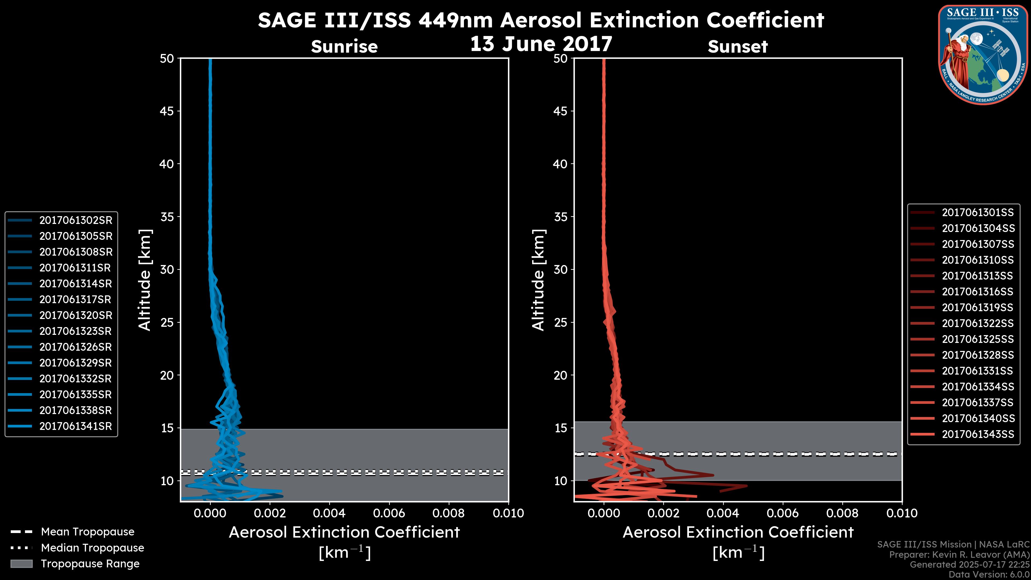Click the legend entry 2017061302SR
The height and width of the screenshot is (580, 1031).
[76, 220]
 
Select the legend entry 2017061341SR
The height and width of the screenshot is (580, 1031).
[76, 426]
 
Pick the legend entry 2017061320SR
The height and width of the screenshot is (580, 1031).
[76, 316]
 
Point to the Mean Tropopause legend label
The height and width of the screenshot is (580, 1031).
[88, 532]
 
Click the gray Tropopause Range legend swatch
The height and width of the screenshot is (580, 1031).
[21, 564]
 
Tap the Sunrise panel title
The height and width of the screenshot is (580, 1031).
[344, 46]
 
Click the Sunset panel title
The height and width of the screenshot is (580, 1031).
[738, 46]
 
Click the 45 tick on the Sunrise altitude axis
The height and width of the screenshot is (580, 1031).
[167, 111]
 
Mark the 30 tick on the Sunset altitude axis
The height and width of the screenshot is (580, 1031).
[560, 269]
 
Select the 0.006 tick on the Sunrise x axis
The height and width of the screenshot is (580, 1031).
[389, 513]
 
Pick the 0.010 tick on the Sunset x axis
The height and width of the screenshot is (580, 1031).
[902, 513]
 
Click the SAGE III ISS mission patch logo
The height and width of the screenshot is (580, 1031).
[983, 55]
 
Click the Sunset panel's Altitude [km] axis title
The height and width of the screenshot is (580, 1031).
[538, 280]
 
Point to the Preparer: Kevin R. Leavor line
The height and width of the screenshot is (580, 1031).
[959, 555]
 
